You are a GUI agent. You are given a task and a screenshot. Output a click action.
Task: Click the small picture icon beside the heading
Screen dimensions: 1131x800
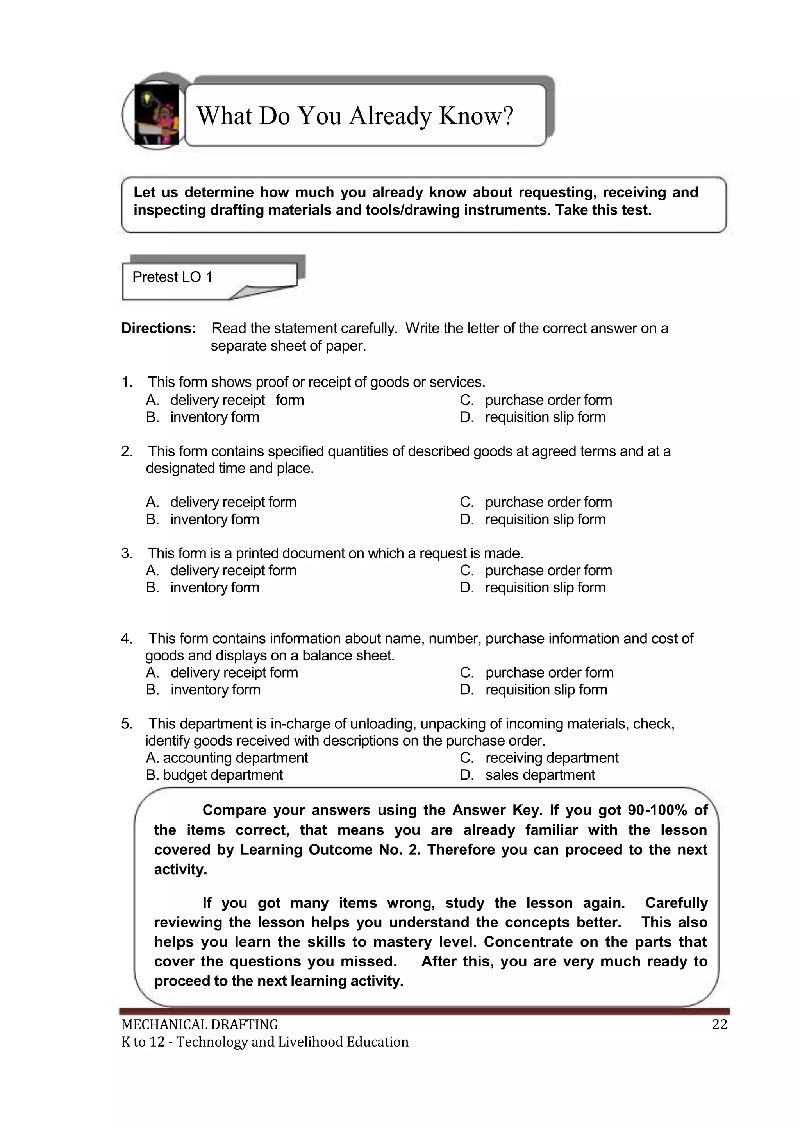[x=156, y=115]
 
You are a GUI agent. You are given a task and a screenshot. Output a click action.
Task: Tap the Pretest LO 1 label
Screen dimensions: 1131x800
[x=172, y=277]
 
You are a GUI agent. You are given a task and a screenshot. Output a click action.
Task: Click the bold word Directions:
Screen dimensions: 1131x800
[x=159, y=328]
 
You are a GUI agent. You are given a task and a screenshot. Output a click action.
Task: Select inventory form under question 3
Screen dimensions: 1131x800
[x=214, y=587]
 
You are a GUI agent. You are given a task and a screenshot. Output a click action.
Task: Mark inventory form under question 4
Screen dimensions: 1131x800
[x=215, y=689]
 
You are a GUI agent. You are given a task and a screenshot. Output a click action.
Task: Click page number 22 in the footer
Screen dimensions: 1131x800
[x=719, y=1025]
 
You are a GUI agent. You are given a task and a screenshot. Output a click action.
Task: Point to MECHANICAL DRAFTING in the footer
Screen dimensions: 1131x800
[x=200, y=1025]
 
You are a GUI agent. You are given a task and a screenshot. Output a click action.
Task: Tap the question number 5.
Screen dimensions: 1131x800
[x=127, y=723]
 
